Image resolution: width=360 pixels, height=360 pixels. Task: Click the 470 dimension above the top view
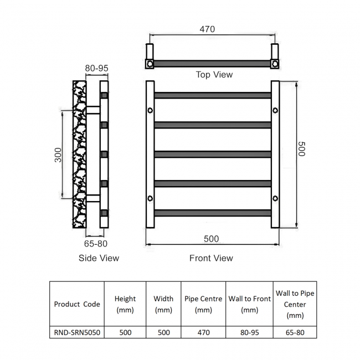pyautogui.click(x=207, y=29)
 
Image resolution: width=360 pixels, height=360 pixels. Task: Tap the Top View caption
pyautogui.click(x=214, y=75)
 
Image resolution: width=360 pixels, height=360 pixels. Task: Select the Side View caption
pyautogui.click(x=99, y=258)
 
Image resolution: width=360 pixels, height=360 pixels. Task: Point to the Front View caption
pyautogui.click(x=211, y=258)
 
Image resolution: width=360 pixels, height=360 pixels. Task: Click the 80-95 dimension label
pyautogui.click(x=96, y=68)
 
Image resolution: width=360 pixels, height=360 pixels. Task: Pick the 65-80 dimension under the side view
pyautogui.click(x=96, y=243)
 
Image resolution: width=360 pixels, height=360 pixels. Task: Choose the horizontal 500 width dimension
pyautogui.click(x=211, y=239)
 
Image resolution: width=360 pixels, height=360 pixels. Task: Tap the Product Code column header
pyautogui.click(x=77, y=304)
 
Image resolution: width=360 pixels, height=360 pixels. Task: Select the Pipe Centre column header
pyautogui.click(x=203, y=304)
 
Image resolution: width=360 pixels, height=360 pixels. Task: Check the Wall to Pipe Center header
pyautogui.click(x=295, y=304)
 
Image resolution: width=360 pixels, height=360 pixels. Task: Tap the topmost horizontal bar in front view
pyautogui.click(x=213, y=95)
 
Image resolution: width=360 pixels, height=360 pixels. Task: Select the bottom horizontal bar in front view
pyautogui.click(x=213, y=213)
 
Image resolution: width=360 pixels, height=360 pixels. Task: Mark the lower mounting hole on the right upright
pyautogui.click(x=275, y=198)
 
